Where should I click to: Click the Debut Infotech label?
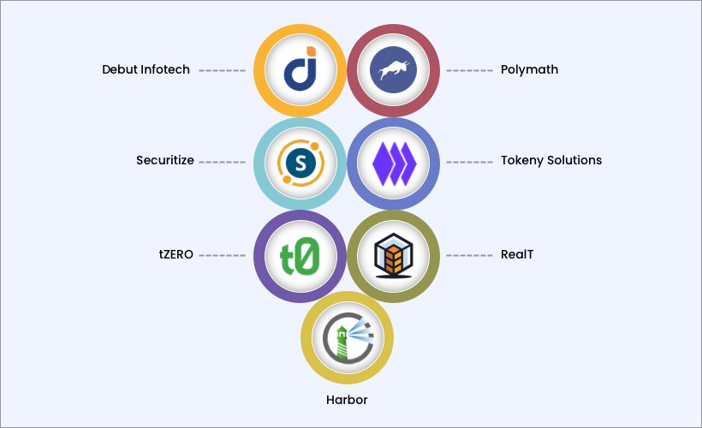click(146, 69)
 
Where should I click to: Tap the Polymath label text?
click(529, 69)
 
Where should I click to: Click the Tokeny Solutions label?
click(551, 160)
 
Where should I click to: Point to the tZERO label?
click(175, 253)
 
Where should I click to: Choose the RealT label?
click(517, 253)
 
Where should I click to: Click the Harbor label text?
click(347, 400)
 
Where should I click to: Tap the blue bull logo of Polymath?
click(393, 70)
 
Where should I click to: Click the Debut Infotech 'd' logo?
click(300, 70)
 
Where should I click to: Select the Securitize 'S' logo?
click(300, 162)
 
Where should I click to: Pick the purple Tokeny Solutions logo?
click(393, 162)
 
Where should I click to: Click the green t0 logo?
click(300, 255)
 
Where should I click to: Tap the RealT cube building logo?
click(393, 255)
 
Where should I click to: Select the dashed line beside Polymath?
click(470, 70)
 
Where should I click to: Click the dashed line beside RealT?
click(470, 255)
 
